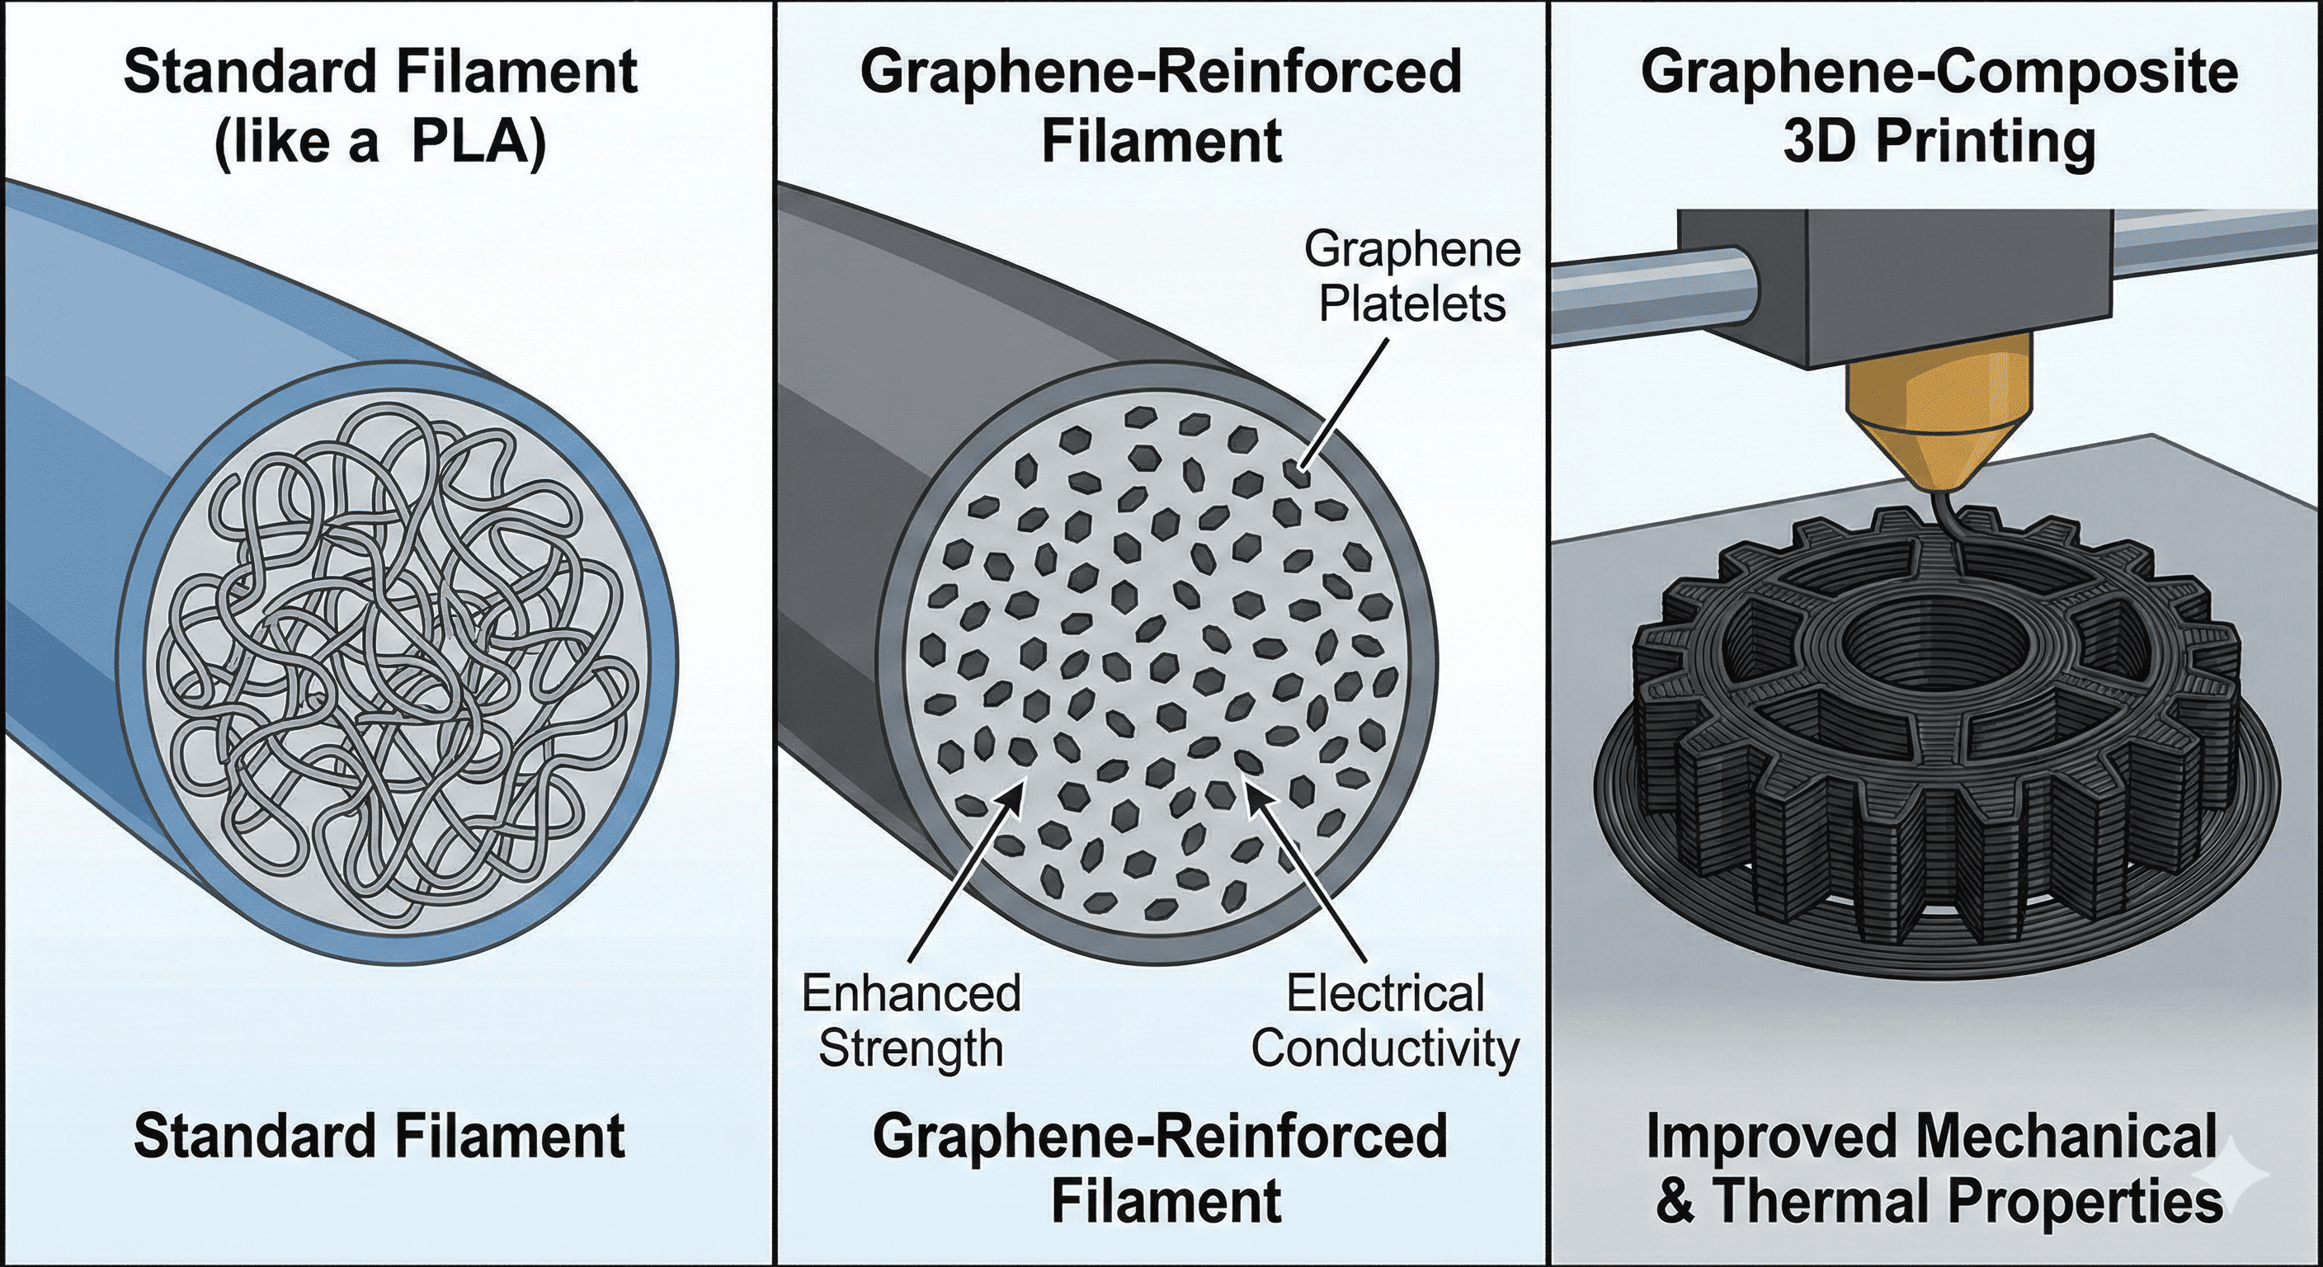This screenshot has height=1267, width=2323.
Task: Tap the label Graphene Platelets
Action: coord(1412,278)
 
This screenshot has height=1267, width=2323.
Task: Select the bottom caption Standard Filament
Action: coord(379,1136)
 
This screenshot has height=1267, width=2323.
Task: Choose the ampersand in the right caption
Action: coord(1675,1202)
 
